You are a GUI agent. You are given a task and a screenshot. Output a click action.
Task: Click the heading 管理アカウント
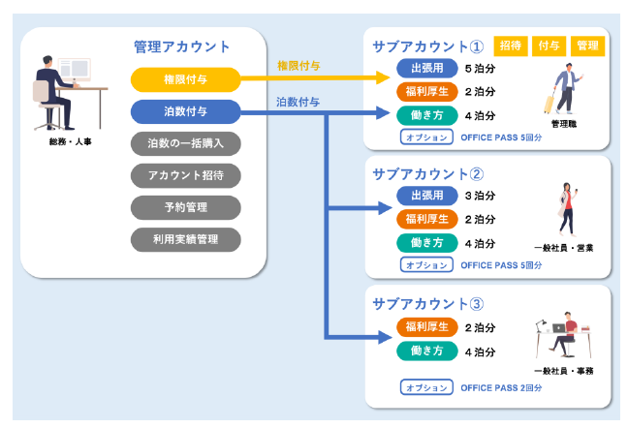point(182,46)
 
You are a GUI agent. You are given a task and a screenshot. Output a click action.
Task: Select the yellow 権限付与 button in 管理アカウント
point(184,78)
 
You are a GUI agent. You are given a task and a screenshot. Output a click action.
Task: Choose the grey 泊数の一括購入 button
point(184,143)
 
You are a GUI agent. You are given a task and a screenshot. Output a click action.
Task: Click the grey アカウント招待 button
point(184,175)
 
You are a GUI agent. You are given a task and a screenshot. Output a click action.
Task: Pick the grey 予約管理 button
point(184,207)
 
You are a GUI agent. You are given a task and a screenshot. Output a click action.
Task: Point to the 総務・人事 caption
point(70,141)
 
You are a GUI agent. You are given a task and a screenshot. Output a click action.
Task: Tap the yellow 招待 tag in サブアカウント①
point(509,46)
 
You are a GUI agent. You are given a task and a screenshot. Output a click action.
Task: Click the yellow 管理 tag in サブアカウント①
point(587,46)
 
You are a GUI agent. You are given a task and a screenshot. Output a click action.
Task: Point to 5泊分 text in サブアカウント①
point(480,69)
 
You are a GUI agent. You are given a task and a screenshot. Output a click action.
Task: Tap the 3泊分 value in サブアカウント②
point(480,197)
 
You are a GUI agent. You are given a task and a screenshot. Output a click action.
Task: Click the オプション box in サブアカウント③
point(425,388)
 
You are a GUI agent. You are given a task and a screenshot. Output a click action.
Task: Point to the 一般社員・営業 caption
point(564,248)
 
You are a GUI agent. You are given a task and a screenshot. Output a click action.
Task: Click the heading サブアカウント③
point(428,303)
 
